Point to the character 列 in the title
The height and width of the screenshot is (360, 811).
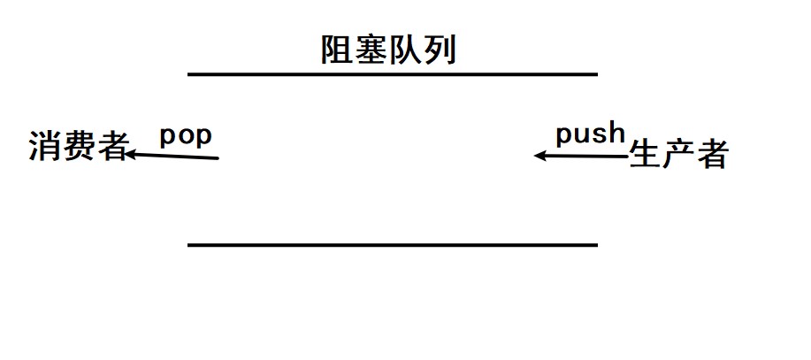tap(440, 50)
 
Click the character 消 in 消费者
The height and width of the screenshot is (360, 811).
tap(44, 147)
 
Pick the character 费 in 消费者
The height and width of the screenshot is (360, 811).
tap(79, 147)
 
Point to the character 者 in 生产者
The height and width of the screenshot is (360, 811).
tap(712, 154)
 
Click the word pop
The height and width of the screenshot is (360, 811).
tap(186, 137)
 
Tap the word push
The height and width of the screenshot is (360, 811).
tap(590, 135)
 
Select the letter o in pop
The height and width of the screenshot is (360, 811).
tap(186, 138)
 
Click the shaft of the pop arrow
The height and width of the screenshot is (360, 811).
tap(177, 157)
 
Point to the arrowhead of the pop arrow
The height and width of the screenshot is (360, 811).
tap(129, 155)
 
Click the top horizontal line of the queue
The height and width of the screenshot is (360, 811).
tap(393, 74)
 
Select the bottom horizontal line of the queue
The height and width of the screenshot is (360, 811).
tap(393, 244)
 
